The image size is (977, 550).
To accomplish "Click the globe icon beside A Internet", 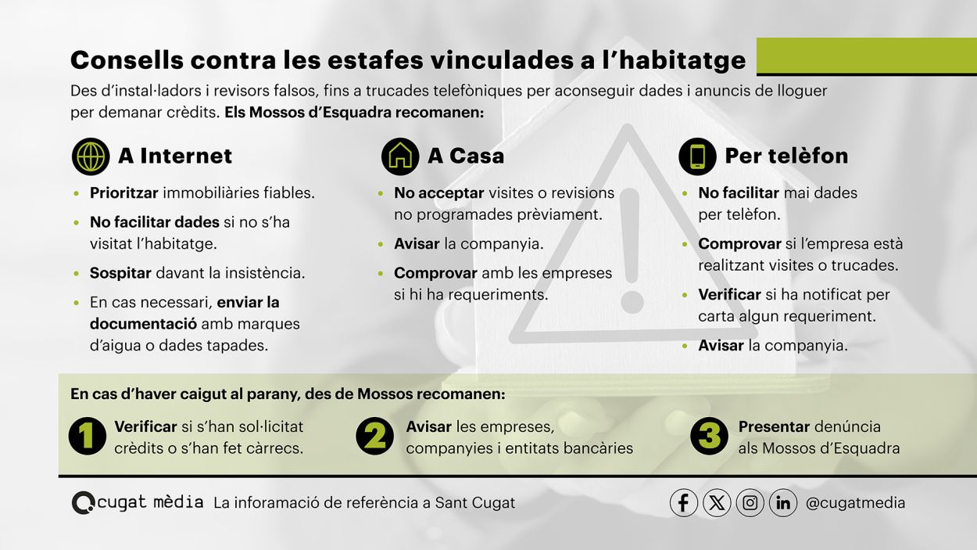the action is (91, 156).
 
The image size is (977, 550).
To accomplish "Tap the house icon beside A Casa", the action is (400, 156).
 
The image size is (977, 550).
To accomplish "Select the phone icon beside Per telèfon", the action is (697, 156).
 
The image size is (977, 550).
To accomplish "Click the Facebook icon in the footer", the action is (683, 503).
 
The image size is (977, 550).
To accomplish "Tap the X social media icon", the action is (717, 503).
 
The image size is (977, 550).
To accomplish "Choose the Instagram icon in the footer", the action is (750, 503).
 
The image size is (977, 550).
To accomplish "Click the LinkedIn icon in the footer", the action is (783, 503).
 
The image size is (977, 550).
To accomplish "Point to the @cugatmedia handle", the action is (855, 503).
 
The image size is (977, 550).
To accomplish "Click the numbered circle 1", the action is (88, 436).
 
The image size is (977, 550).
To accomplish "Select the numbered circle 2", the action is (374, 436).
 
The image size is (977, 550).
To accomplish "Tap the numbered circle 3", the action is (709, 436).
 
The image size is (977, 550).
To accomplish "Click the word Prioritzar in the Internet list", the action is (123, 193).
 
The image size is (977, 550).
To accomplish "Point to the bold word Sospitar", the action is (120, 273).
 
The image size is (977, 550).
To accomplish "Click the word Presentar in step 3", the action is (774, 426).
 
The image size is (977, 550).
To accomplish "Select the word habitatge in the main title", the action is (682, 60).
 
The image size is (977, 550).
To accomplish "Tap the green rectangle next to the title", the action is (867, 56).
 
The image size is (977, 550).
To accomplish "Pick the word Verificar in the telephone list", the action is (729, 295).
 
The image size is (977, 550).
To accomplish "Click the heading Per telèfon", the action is (786, 156).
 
